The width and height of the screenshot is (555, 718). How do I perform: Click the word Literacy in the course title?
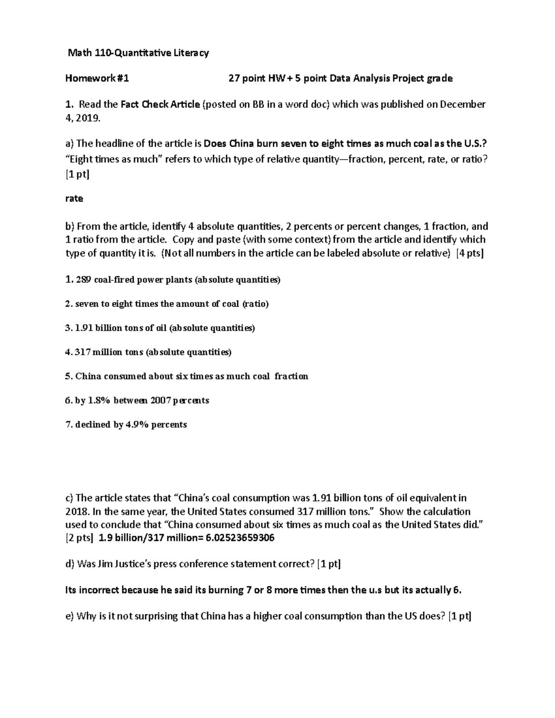coord(191,53)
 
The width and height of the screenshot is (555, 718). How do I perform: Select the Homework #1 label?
coord(97,79)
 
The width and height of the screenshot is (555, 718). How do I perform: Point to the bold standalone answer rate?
coord(74,199)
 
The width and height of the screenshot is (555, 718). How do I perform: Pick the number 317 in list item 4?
coord(82,352)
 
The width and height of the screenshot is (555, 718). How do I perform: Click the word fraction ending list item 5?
coord(291,376)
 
